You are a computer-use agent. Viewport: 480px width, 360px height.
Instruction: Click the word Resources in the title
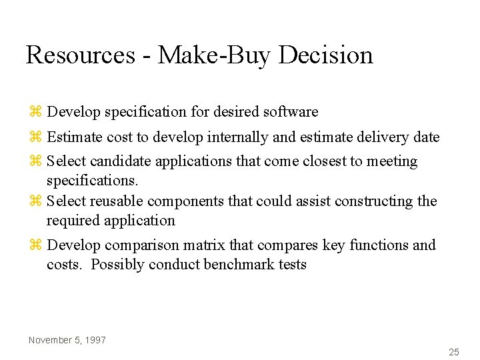click(80, 55)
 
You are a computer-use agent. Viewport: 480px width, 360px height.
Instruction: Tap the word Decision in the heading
click(326, 55)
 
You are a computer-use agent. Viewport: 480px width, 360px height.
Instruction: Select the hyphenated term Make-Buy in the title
click(214, 55)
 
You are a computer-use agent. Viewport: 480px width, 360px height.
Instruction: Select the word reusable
click(117, 201)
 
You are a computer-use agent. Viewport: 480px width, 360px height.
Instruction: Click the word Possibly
click(117, 265)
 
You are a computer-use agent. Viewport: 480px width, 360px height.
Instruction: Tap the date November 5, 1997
click(67, 340)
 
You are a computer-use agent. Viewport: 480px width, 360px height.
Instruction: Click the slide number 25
click(454, 351)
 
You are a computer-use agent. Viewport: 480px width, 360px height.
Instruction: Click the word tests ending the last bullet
click(292, 265)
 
